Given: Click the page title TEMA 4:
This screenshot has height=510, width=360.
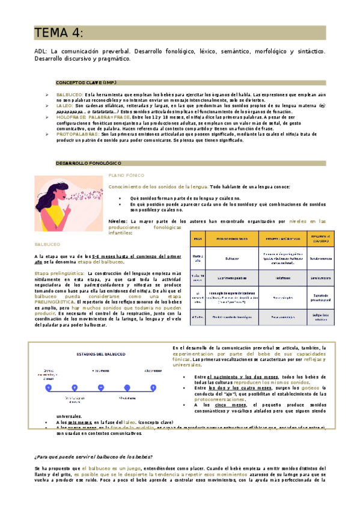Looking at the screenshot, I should click(x=58, y=32).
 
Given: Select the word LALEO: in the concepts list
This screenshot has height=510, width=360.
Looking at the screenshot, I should click(x=65, y=105).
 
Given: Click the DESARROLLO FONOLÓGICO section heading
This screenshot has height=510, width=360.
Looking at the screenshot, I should click(x=88, y=163).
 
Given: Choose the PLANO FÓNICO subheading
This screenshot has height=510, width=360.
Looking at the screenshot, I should click(x=124, y=175).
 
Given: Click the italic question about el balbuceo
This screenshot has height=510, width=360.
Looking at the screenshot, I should click(x=93, y=456).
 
